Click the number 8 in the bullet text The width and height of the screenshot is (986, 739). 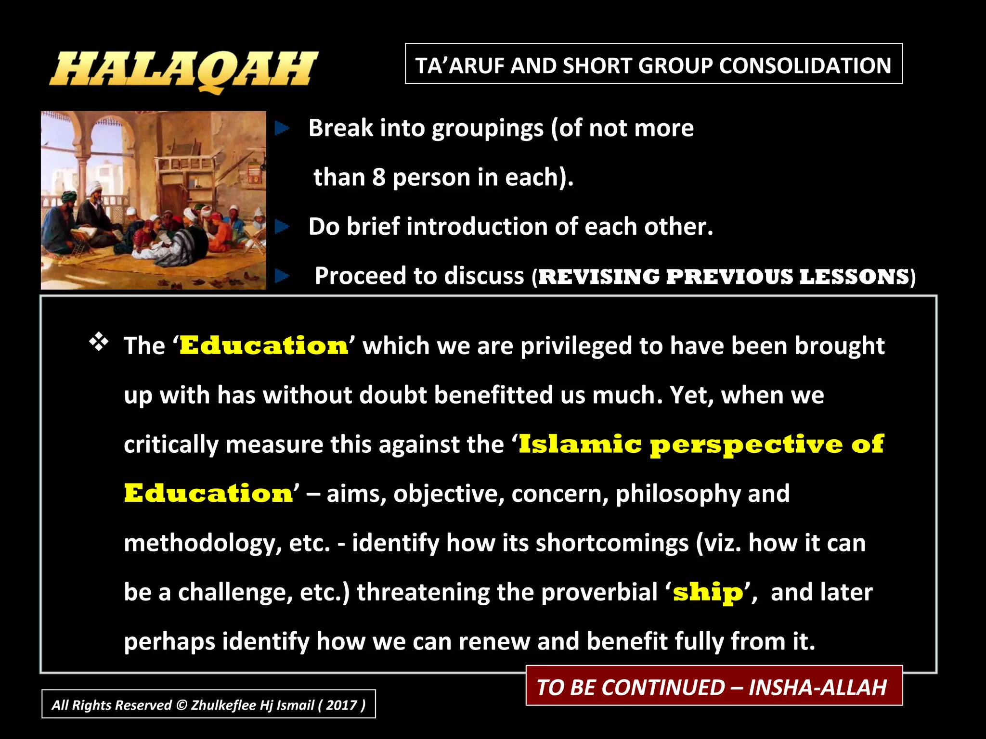point(379,177)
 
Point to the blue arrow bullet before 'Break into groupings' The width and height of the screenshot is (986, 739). point(282,128)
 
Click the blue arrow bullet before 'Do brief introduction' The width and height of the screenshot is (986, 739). point(282,226)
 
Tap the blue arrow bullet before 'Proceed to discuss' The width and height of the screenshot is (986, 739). point(282,276)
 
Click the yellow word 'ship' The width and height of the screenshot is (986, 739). point(708,592)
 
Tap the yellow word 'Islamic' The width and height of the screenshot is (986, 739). point(580,444)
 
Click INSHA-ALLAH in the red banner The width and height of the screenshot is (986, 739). point(817,687)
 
